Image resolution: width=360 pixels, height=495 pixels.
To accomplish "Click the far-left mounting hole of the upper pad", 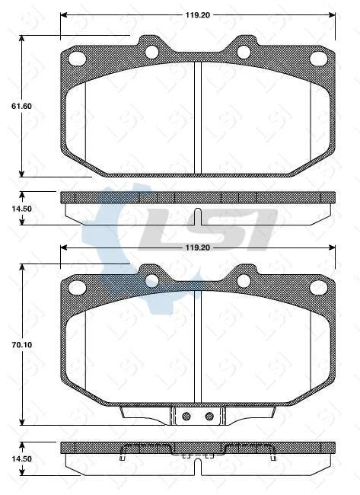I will point(76,58).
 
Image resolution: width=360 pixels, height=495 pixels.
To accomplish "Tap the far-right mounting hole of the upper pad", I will point(318,59).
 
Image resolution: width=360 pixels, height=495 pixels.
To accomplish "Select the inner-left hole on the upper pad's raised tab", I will point(151,52).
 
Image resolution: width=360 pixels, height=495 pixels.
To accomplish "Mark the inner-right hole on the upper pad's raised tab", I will point(244,52).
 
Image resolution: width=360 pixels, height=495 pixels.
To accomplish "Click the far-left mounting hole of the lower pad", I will point(76,287).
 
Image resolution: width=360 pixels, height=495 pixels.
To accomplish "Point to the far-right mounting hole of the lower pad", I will point(318,288).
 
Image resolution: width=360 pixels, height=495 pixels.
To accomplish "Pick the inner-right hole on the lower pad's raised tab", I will point(244,281).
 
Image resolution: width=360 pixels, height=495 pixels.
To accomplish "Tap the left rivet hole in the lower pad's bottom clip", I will point(185,416).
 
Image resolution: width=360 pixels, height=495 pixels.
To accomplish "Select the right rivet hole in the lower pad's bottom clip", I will point(209,416).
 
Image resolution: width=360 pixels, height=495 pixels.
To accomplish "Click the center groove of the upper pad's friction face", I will point(197,118).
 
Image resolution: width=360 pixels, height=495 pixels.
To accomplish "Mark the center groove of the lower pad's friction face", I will point(197,346).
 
